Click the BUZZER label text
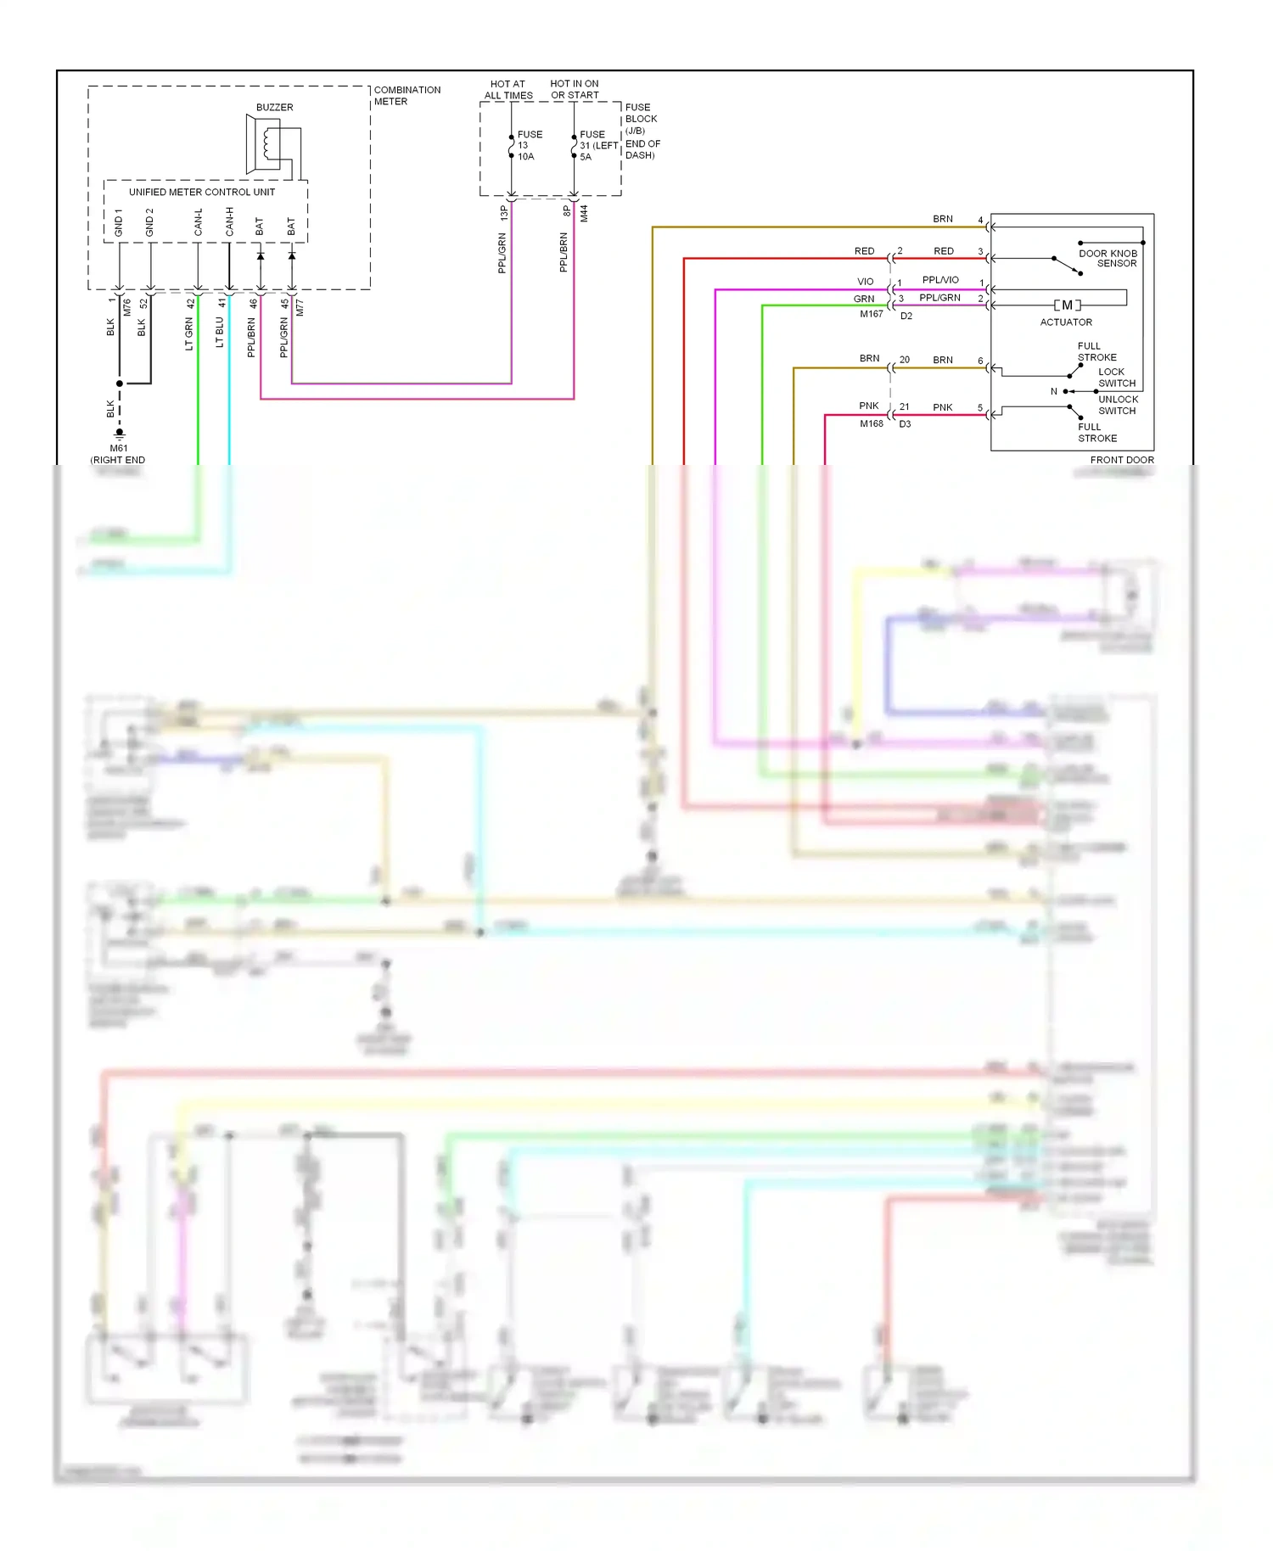coord(274,108)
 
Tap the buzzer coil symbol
coord(270,144)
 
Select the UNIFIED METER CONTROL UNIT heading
coord(202,192)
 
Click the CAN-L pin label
coord(198,222)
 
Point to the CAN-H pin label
coord(229,222)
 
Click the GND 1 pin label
coord(119,223)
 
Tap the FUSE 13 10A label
coord(529,145)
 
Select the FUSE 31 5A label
coord(597,145)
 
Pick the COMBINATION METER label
coord(407,95)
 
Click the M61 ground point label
coord(119,448)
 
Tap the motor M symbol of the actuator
coord(1067,305)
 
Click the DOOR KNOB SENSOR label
coord(1108,258)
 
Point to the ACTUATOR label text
coord(1066,322)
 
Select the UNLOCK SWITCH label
coord(1117,405)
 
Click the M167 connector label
coord(871,314)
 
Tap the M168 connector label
coord(871,423)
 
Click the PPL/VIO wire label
coord(940,280)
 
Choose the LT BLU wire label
coord(219,332)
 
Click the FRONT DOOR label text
coord(1121,460)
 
